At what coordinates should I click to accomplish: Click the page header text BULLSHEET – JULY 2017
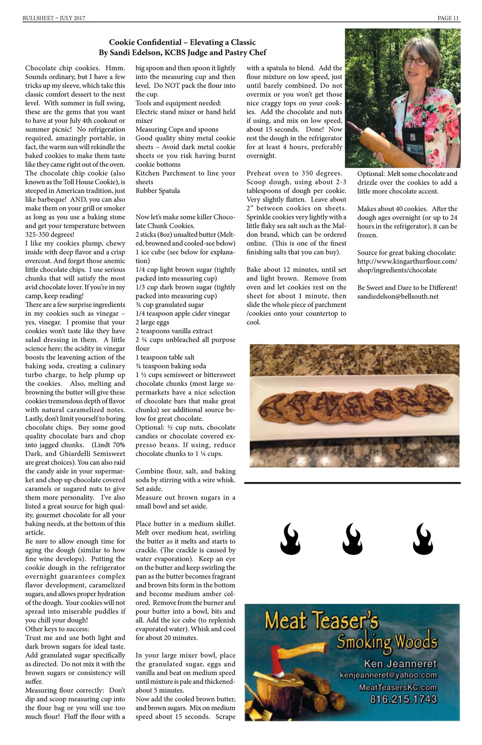(x=54, y=18)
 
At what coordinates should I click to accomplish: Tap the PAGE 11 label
(x=448, y=18)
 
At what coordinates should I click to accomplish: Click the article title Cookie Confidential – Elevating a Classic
(x=182, y=42)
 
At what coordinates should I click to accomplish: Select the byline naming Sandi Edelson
(x=182, y=53)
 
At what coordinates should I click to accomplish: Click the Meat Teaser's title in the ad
(x=321, y=621)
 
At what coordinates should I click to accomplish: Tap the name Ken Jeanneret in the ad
(x=400, y=664)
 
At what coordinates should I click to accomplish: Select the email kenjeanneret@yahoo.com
(x=388, y=675)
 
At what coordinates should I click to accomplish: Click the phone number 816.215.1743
(x=403, y=699)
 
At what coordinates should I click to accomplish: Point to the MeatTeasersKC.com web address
(x=397, y=688)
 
